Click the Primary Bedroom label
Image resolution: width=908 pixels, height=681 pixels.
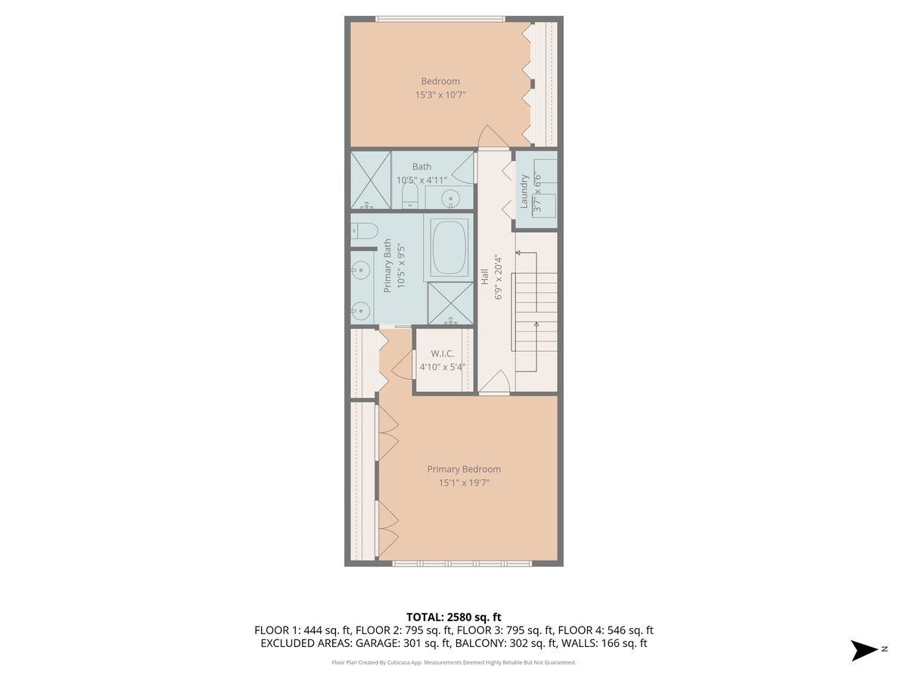click(463, 469)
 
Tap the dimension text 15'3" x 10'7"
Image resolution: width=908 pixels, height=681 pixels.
click(440, 95)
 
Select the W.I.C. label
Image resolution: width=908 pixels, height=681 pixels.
click(442, 353)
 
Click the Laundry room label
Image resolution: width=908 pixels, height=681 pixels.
click(524, 191)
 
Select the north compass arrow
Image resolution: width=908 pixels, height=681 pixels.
click(865, 649)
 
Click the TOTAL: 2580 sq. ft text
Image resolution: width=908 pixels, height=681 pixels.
click(453, 617)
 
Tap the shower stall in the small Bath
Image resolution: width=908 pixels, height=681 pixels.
click(370, 179)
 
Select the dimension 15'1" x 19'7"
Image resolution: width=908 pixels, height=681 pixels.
click(463, 483)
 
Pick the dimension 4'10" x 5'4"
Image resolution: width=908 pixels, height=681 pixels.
click(442, 367)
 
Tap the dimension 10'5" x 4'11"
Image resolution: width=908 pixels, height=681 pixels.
click(421, 180)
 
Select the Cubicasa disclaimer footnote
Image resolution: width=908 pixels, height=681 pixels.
click(453, 662)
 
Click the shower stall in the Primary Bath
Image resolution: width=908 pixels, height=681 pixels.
click(450, 303)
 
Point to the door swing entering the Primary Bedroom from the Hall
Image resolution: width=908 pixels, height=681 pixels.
click(494, 382)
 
